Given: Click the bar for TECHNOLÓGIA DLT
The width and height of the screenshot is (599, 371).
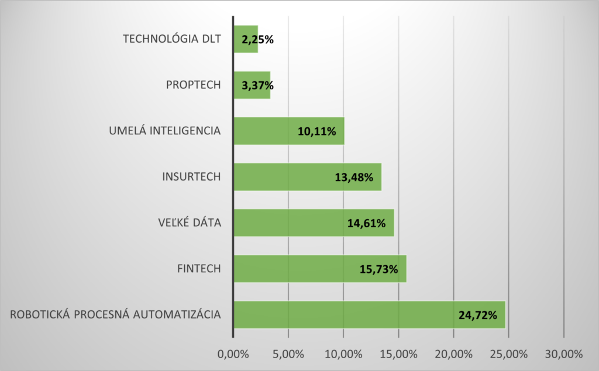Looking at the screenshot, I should tap(246, 39).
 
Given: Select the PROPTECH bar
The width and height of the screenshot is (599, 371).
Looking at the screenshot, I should tap(252, 85).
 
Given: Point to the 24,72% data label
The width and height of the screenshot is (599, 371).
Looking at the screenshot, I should tap(478, 315).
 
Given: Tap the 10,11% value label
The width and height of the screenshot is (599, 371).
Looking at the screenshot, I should tap(317, 131).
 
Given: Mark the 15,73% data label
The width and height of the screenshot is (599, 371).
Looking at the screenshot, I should tap(379, 269).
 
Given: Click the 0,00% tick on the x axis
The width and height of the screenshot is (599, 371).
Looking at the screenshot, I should tap(233, 354).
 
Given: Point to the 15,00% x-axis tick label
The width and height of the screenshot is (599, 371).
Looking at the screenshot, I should tap(398, 354).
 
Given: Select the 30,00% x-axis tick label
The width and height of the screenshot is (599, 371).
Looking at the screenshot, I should tap(564, 354).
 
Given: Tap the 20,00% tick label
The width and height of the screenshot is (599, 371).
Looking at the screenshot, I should tap(454, 354).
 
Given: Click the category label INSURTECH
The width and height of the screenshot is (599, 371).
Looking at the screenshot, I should tap(191, 177).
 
